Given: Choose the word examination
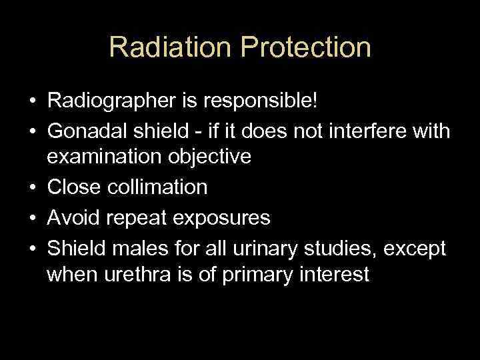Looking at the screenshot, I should coord(99,158).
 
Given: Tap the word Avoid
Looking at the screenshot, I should coord(71,217).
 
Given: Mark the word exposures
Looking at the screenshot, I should coord(223,217).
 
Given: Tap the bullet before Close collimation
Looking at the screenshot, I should coord(33,187).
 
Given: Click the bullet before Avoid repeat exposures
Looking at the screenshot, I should coord(33,217).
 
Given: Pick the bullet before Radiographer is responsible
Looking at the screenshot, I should coord(33,103).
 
